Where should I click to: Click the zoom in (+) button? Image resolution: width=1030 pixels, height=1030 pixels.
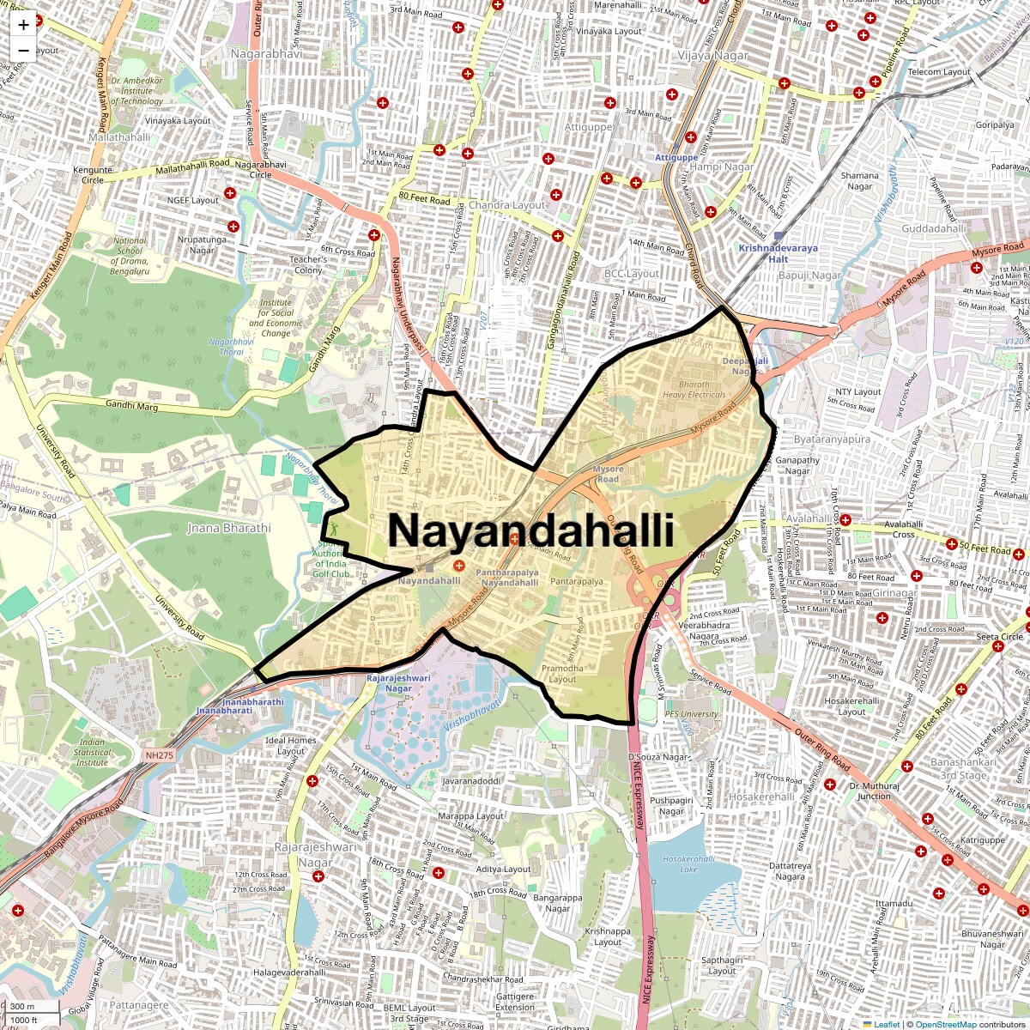(23, 25)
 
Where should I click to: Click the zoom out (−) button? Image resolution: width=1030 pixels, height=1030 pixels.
(23, 51)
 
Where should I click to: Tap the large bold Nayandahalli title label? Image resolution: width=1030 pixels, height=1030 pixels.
(530, 530)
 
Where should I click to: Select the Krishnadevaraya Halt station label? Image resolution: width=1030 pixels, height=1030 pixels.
(779, 253)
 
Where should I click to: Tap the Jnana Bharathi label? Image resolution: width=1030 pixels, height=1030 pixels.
(228, 528)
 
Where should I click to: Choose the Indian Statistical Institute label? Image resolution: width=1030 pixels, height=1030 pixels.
(92, 752)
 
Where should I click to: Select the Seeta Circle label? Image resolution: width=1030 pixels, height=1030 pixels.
(1000, 637)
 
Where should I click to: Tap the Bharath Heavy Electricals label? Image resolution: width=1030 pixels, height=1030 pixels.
(694, 390)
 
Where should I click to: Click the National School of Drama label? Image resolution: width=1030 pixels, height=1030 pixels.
(130, 256)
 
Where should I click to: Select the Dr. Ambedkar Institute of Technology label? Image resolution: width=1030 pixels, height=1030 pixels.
(136, 90)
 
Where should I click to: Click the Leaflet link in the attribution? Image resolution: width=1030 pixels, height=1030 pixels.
(887, 1024)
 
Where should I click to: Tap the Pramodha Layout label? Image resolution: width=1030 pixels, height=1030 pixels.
(562, 674)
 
